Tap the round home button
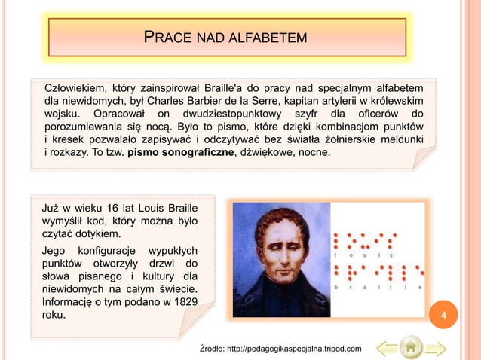click(411, 348)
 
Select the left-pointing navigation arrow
click(387, 348)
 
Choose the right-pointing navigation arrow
click(436, 348)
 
